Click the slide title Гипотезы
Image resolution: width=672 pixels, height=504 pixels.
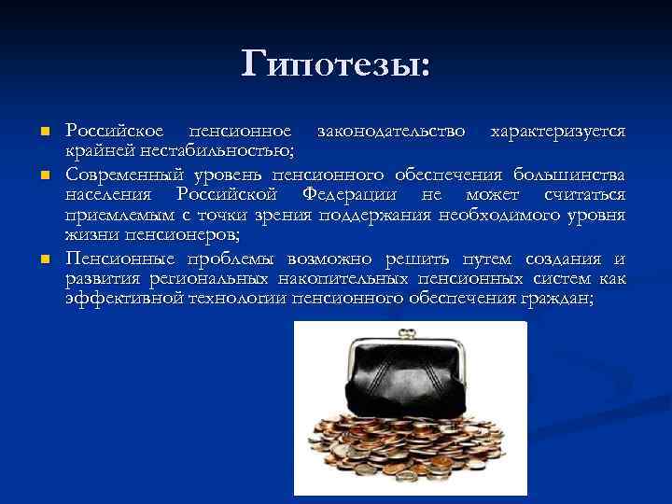coord(336,63)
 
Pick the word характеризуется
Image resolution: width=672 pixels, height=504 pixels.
coord(558,131)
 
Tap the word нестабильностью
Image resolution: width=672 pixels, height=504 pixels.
coord(217,151)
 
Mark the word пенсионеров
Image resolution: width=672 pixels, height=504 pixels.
coord(188,235)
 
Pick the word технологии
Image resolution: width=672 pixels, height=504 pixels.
coord(239,298)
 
